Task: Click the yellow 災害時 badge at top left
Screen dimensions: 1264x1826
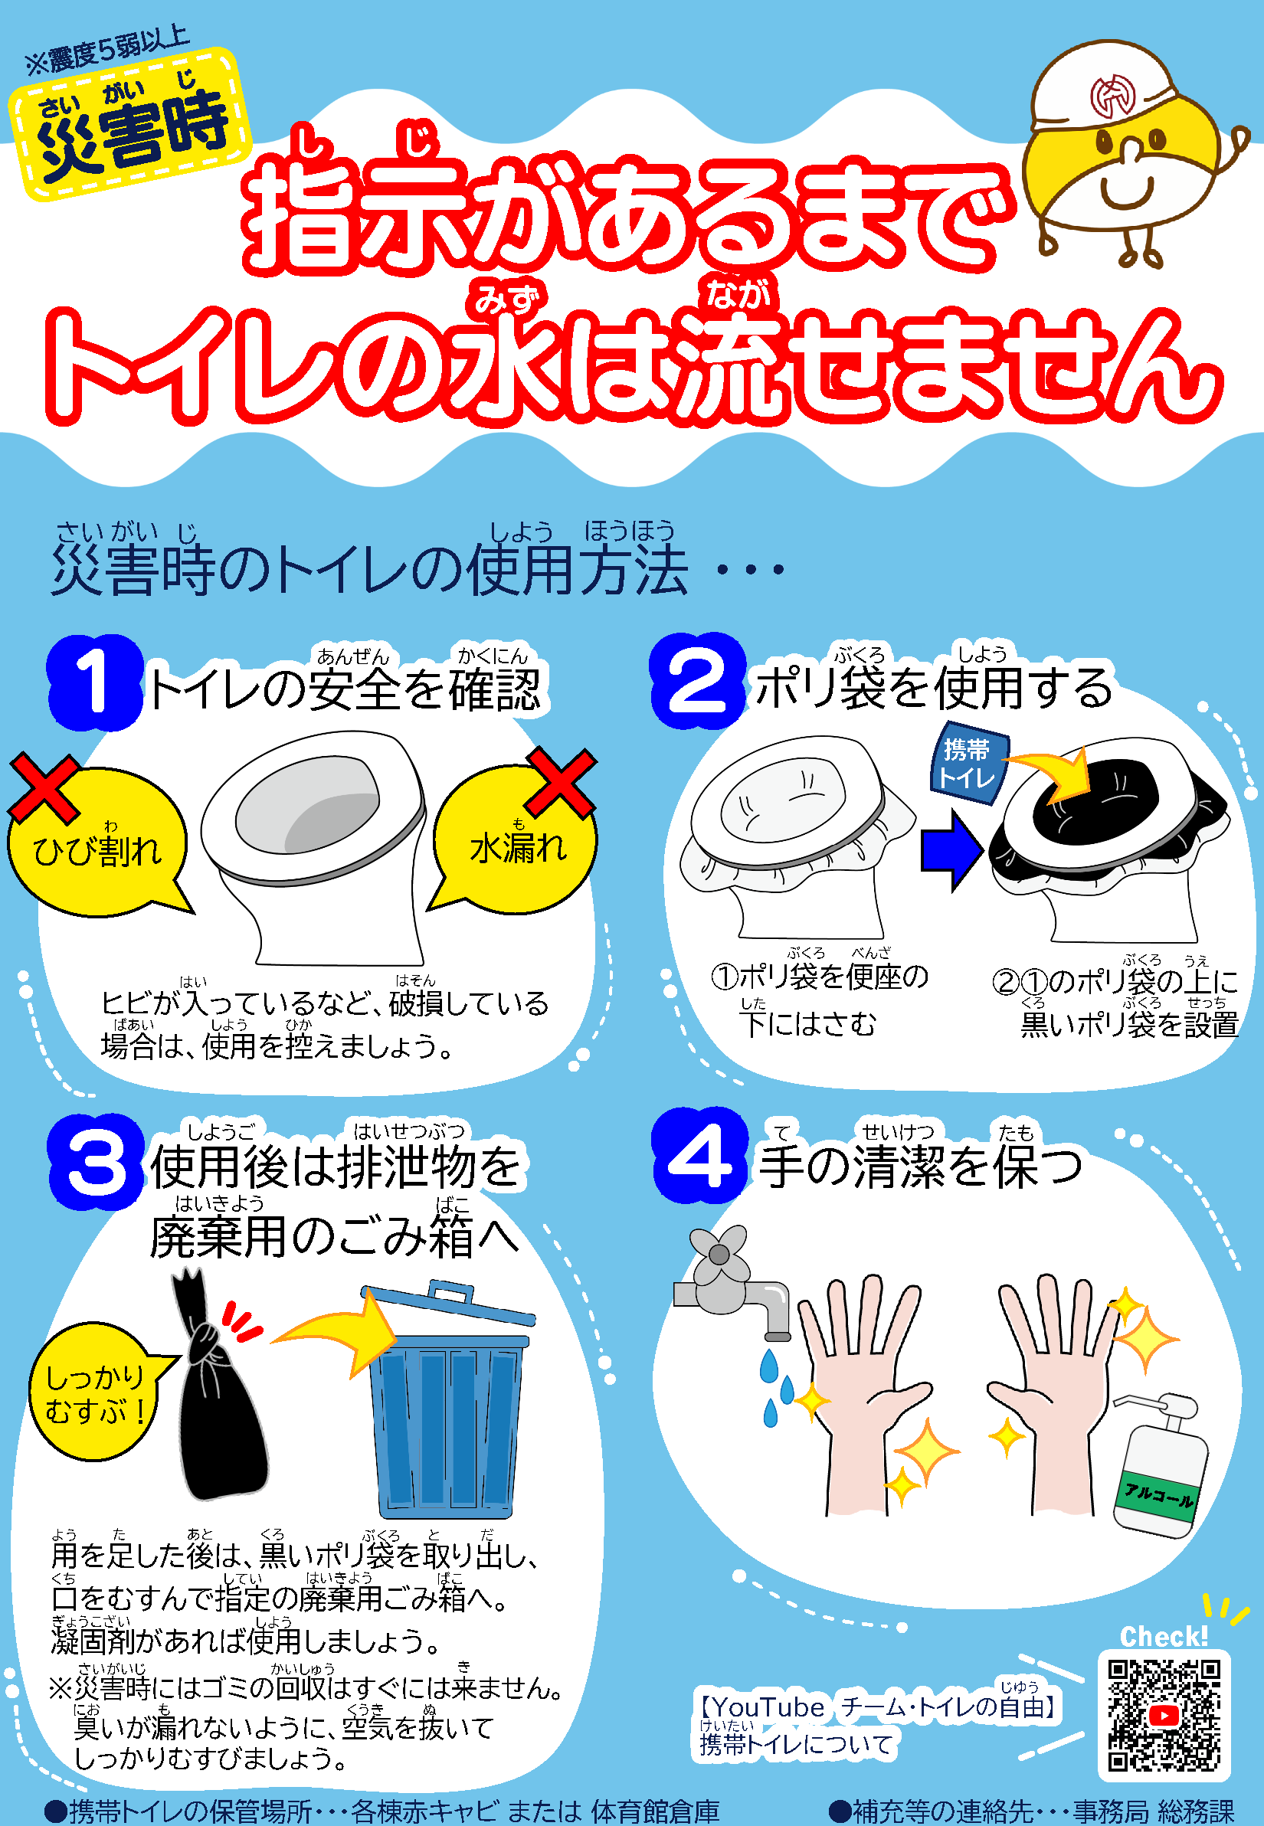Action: tap(131, 123)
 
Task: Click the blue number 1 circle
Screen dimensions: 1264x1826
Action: tap(95, 682)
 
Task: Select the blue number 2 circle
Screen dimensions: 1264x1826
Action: tap(698, 681)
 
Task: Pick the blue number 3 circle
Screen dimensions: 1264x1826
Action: tap(97, 1162)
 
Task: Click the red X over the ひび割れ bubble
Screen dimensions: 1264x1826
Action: tap(44, 789)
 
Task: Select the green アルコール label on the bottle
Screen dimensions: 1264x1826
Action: tap(1158, 1496)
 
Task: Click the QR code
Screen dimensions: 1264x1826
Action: tap(1164, 1715)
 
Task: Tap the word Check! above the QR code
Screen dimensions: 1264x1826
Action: tap(1164, 1636)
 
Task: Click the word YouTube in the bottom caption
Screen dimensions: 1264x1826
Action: tap(769, 1707)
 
